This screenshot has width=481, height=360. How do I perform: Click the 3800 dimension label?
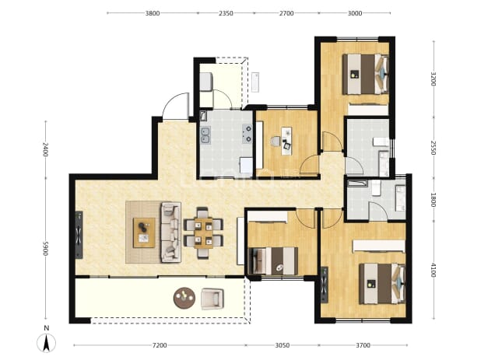(153, 13)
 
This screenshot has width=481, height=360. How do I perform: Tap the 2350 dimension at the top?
(226, 13)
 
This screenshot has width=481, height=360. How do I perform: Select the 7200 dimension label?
(160, 345)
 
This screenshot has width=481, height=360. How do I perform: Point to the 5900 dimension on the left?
(45, 249)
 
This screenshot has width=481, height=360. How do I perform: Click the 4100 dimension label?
(434, 271)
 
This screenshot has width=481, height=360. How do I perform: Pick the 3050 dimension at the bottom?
(282, 345)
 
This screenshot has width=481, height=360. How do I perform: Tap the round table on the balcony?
(184, 298)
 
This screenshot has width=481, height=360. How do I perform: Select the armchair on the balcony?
(212, 299)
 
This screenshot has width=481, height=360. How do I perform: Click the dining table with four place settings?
(203, 232)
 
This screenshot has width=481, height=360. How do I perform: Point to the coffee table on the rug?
(144, 232)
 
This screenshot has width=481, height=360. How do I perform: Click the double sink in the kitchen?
(205, 136)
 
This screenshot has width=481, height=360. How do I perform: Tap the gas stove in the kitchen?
(247, 134)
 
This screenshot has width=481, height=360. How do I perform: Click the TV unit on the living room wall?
(79, 235)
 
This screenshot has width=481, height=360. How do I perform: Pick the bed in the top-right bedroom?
(365, 74)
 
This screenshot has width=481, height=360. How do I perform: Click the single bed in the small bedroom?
(273, 261)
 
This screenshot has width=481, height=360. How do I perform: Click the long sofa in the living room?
(171, 232)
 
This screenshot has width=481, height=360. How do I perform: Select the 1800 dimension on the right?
(434, 200)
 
